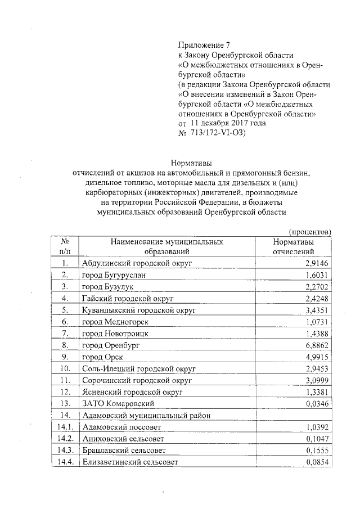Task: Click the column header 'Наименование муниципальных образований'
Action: tap(167, 246)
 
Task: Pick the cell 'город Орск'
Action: tap(102, 357)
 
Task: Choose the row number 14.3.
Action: tap(66, 451)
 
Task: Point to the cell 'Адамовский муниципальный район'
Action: tap(144, 416)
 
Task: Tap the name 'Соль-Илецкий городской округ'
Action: tap(138, 368)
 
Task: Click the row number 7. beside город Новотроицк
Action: tap(65, 334)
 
